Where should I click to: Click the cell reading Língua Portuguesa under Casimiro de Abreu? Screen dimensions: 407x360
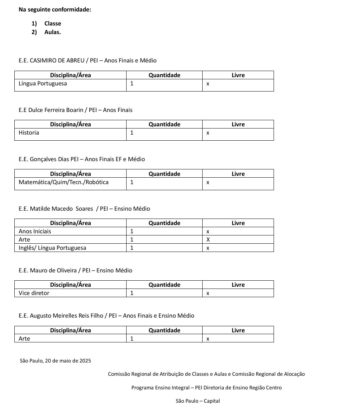[x=43, y=84]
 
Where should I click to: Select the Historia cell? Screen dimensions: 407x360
[x=29, y=133]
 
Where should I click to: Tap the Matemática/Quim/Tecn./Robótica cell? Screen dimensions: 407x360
[x=63, y=182]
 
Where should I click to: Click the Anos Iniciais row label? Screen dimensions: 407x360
[x=35, y=231]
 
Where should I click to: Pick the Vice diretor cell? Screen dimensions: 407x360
[x=34, y=293]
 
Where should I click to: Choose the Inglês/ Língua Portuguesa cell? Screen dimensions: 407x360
[x=52, y=248]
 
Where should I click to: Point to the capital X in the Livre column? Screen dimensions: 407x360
[x=208, y=240]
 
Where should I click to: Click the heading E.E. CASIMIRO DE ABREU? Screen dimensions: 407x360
[x=87, y=61]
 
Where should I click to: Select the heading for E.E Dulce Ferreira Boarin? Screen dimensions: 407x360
[x=75, y=110]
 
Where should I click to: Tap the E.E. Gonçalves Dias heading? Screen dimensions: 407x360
[x=82, y=159]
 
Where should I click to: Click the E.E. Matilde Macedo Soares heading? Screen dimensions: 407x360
[x=84, y=209]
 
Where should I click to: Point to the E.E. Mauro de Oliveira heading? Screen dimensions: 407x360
[x=75, y=271]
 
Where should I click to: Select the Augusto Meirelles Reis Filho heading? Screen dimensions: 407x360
[x=106, y=316]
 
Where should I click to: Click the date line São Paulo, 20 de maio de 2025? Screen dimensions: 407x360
[x=56, y=361]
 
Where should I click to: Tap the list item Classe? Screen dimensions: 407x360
[x=53, y=24]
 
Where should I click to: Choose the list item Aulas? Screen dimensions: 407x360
[x=53, y=32]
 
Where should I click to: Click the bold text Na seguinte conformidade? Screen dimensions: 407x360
[x=55, y=10]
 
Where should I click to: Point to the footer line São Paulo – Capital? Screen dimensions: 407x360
[x=198, y=401]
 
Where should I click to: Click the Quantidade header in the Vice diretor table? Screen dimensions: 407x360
[x=164, y=285]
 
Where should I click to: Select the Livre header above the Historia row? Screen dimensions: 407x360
[x=238, y=125]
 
